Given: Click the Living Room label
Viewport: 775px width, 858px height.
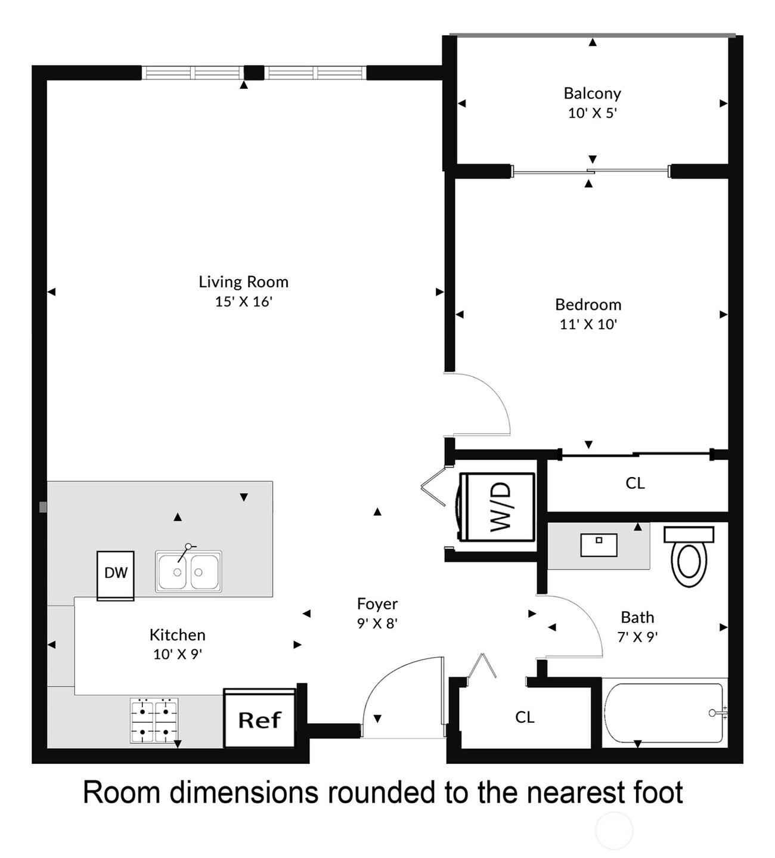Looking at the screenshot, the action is (x=243, y=282).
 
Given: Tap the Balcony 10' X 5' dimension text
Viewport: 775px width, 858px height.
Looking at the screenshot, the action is (x=593, y=113).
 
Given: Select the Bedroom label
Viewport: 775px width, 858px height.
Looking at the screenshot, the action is (x=588, y=305).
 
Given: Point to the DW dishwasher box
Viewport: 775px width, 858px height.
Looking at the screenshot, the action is (x=116, y=576).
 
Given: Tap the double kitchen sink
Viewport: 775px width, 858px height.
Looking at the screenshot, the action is (x=188, y=571).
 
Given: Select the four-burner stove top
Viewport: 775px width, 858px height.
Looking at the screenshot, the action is (x=154, y=720).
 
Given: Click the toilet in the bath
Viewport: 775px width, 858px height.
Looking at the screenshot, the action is (x=689, y=556).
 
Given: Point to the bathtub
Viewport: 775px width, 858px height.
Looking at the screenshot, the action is (x=665, y=714).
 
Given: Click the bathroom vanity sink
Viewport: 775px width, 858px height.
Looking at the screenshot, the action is (x=599, y=545).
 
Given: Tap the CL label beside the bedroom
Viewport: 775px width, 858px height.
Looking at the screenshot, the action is (x=635, y=484).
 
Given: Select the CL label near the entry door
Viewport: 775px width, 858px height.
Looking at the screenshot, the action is (x=525, y=717).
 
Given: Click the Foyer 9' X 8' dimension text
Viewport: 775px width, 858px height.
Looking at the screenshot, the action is (x=377, y=624).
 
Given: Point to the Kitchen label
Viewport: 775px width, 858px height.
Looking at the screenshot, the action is (x=178, y=635).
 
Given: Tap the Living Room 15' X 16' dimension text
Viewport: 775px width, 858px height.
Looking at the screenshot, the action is (x=243, y=302).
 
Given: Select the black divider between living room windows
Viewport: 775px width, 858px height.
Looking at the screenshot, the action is (x=254, y=72).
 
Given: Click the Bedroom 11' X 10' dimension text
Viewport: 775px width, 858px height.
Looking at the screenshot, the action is (x=588, y=324).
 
